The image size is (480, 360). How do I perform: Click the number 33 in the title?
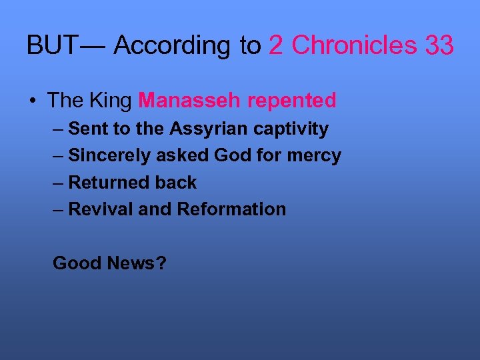(439, 46)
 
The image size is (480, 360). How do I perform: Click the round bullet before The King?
(33, 101)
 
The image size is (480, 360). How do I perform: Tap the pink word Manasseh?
(190, 101)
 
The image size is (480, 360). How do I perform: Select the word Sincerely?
(110, 155)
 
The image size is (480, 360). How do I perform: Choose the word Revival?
(101, 209)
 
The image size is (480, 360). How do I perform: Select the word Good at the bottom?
(75, 263)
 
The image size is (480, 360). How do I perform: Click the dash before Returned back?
(58, 183)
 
